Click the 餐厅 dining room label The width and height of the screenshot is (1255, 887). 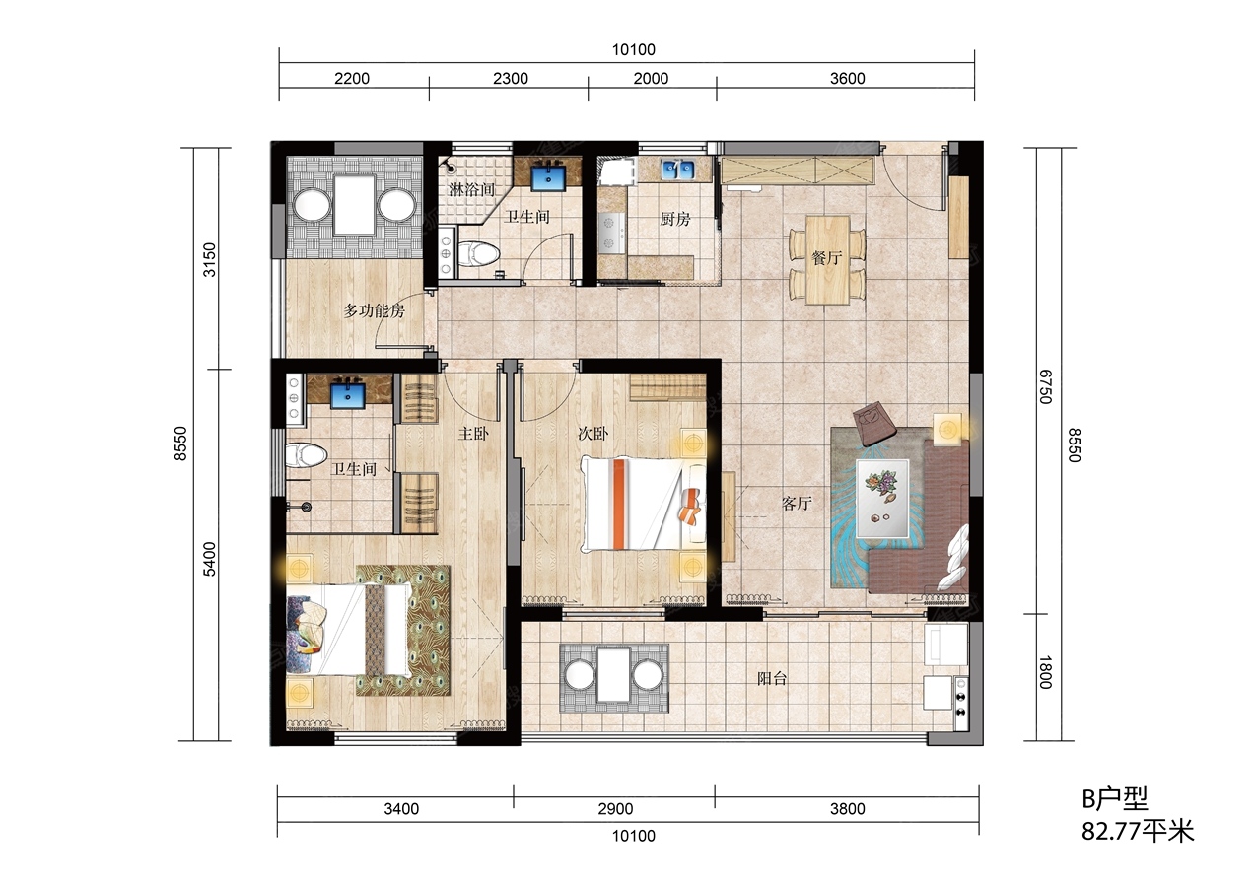tap(826, 258)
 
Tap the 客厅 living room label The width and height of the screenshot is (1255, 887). tap(797, 503)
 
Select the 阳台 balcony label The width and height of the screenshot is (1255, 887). tap(772, 679)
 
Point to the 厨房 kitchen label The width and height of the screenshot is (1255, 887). tap(674, 219)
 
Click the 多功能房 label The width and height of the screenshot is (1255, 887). tap(374, 310)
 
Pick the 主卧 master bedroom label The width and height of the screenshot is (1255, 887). tap(473, 434)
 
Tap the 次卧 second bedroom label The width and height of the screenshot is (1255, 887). tap(593, 434)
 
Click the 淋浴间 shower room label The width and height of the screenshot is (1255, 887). tap(472, 189)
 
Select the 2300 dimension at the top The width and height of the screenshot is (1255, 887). tap(511, 79)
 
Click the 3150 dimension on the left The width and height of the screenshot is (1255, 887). tap(209, 259)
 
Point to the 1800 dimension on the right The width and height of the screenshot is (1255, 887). tap(1045, 672)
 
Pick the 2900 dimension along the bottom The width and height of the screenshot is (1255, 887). tap(615, 808)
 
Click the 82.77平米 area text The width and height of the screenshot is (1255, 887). tap(1138, 832)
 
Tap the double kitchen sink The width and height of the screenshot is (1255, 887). tap(677, 170)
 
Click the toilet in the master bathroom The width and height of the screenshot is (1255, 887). tap(306, 454)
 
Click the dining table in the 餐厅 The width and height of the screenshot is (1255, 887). tap(827, 260)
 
